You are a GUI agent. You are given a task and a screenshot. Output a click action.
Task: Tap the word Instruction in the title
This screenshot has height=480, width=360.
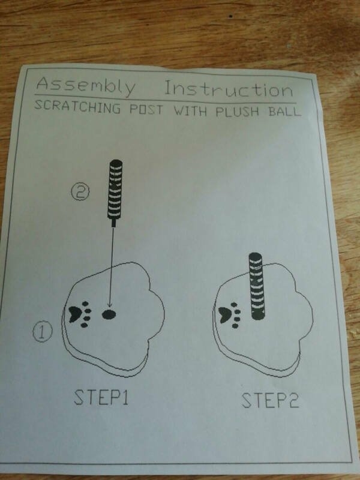(229, 90)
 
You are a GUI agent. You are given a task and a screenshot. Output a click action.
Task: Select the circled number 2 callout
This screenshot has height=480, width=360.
(80, 193)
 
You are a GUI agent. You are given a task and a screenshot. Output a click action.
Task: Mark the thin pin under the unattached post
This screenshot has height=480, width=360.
(113, 223)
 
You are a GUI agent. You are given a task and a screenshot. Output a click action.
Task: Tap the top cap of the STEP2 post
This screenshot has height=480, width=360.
(256, 257)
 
